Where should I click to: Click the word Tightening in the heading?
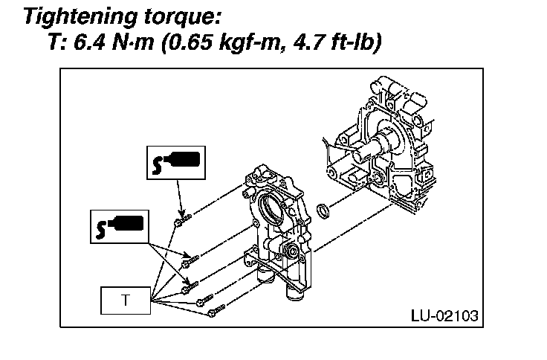(x=81, y=17)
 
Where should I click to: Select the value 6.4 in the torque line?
(x=90, y=42)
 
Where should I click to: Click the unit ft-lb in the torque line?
(x=355, y=43)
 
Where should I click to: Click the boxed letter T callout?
(x=126, y=300)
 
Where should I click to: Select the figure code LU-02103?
(x=444, y=315)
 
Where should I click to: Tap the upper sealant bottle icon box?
(x=176, y=163)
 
